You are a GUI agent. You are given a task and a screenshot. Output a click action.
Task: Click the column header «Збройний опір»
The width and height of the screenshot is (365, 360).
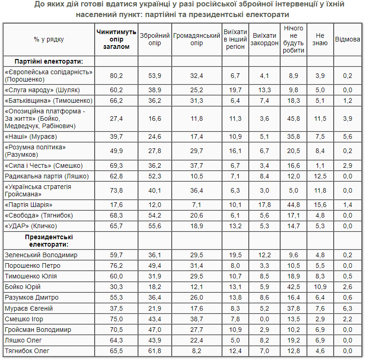pos(154,39)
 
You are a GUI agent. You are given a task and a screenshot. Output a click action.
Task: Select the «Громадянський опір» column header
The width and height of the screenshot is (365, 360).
pos(197,39)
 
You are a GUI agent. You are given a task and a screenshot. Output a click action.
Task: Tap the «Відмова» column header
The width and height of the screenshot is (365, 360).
pos(347,39)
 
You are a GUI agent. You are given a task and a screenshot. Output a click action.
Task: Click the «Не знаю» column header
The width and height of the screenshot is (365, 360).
pos(321,39)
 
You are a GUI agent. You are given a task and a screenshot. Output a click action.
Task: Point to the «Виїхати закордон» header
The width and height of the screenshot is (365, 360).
pos(264,39)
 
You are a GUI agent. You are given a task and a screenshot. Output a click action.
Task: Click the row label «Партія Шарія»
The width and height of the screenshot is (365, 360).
pos(28,205)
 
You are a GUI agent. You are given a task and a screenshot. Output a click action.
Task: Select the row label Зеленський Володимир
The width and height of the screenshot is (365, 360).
pos(41,255)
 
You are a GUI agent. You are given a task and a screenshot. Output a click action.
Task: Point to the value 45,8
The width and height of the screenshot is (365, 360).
pos(294,118)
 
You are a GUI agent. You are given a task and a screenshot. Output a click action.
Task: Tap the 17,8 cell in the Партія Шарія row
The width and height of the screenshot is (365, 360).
pos(264,205)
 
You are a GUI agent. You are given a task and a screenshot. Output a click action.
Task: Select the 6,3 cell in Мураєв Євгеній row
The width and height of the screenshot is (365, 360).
pos(347,308)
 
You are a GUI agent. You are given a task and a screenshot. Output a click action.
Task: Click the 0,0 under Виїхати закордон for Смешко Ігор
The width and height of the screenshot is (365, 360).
pos(264,319)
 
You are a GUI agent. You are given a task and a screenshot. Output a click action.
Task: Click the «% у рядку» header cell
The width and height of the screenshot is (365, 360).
pos(48,39)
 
